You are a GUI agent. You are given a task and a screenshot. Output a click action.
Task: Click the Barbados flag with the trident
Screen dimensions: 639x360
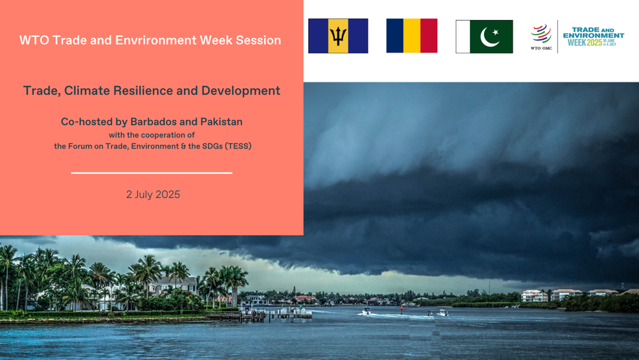[338, 36]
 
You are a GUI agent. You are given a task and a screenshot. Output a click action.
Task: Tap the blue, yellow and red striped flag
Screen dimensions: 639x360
[412, 36]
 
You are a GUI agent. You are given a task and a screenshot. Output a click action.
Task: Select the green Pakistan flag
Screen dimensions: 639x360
[484, 37]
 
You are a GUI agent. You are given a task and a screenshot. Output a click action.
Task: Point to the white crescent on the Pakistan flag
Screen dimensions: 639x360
[487, 38]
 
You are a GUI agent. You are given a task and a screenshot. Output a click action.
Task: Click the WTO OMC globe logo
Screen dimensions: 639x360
[541, 34]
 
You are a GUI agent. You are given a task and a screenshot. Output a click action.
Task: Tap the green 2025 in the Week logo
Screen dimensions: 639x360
[594, 43]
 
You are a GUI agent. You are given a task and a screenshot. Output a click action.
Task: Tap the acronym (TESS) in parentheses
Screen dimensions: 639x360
[238, 146]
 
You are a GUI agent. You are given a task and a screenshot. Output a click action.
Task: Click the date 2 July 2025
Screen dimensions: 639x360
[153, 195]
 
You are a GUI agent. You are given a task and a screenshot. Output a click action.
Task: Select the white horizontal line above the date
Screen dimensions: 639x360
[152, 173]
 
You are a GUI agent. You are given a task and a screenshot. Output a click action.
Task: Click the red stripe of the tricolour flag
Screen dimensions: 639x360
[429, 36]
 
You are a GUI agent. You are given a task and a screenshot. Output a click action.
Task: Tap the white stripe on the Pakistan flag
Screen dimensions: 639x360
[463, 37]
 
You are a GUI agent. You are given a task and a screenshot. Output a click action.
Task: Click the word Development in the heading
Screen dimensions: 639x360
[241, 90]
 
